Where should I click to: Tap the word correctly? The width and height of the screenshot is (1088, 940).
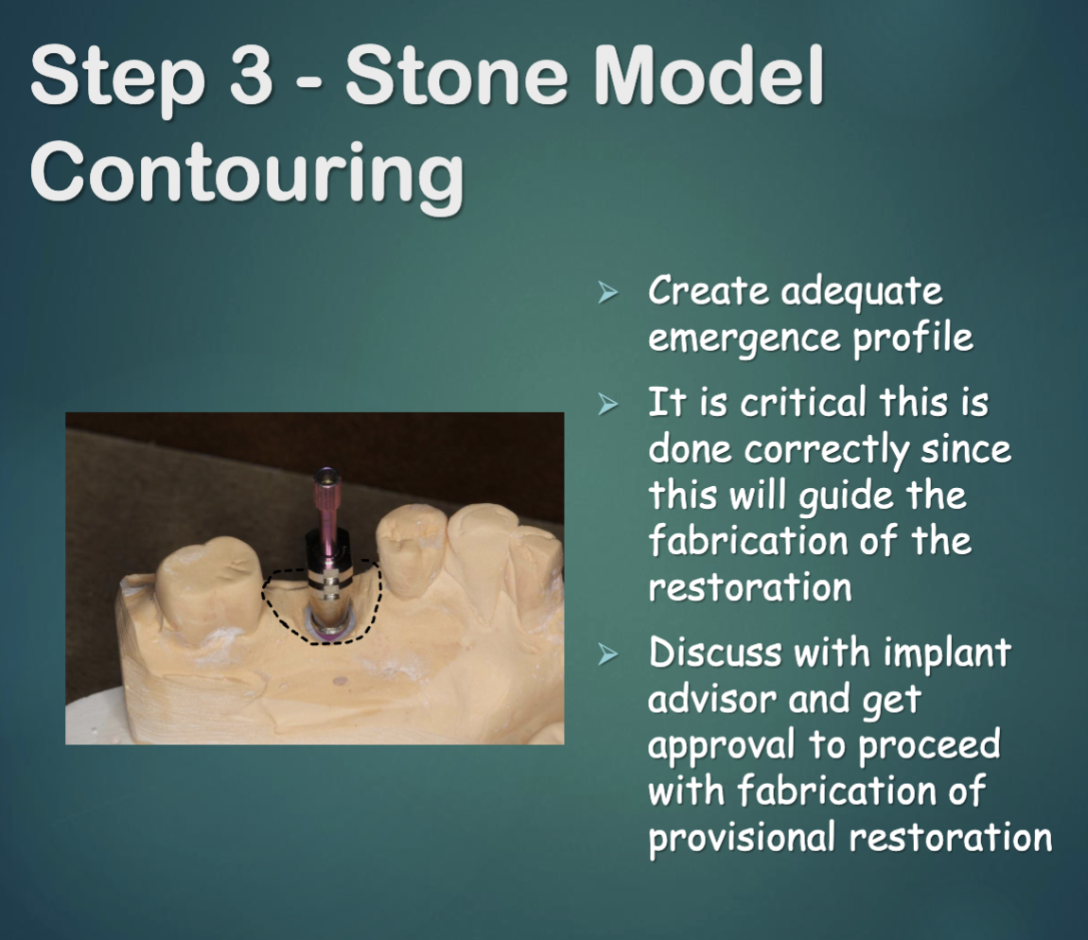point(815,449)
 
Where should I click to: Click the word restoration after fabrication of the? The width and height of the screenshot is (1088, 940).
point(749,587)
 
